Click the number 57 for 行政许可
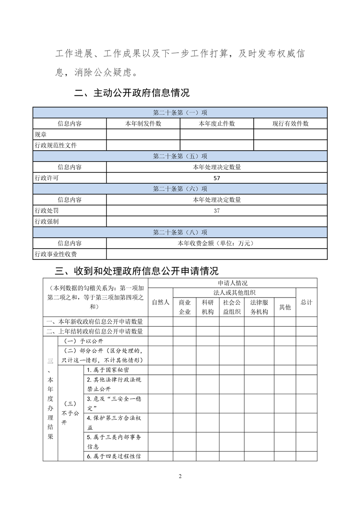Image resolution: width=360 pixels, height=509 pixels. (217, 178)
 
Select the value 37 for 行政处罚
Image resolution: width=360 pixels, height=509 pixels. (217, 211)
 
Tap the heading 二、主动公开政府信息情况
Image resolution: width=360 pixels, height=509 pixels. (132, 93)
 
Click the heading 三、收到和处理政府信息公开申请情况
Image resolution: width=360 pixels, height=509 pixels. (136, 271)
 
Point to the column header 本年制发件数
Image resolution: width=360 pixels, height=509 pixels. (143, 123)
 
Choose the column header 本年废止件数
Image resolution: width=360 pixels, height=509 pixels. (217, 123)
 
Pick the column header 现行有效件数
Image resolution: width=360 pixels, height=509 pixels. (290, 123)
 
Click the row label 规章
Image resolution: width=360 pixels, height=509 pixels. (40, 135)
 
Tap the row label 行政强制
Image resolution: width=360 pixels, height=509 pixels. (46, 222)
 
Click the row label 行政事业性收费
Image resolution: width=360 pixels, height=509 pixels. (55, 254)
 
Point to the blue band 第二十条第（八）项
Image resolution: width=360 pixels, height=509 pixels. (180, 233)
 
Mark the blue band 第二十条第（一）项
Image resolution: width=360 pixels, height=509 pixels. (180, 113)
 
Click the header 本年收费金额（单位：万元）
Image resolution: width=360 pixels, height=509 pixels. (217, 244)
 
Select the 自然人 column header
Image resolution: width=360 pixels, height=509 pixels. (160, 302)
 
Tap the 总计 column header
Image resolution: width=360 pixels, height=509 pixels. (306, 302)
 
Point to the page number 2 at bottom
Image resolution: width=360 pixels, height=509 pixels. (180, 476)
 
